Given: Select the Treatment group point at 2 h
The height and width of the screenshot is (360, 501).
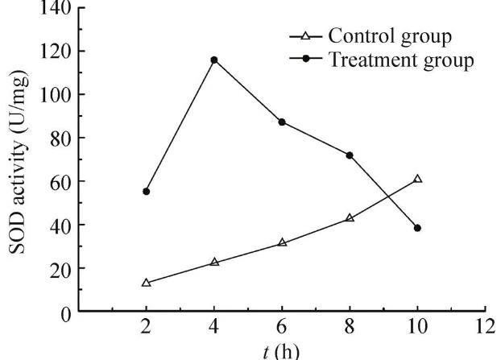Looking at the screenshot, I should (x=146, y=191).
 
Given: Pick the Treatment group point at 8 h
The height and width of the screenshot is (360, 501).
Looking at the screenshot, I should (x=350, y=155).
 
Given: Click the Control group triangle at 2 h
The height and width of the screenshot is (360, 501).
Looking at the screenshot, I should (x=146, y=283).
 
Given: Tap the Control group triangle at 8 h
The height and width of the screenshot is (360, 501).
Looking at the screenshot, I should (x=350, y=217).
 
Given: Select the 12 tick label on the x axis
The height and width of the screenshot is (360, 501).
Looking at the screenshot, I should (x=485, y=328).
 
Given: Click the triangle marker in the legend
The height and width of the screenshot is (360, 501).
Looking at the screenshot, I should (x=306, y=36).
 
